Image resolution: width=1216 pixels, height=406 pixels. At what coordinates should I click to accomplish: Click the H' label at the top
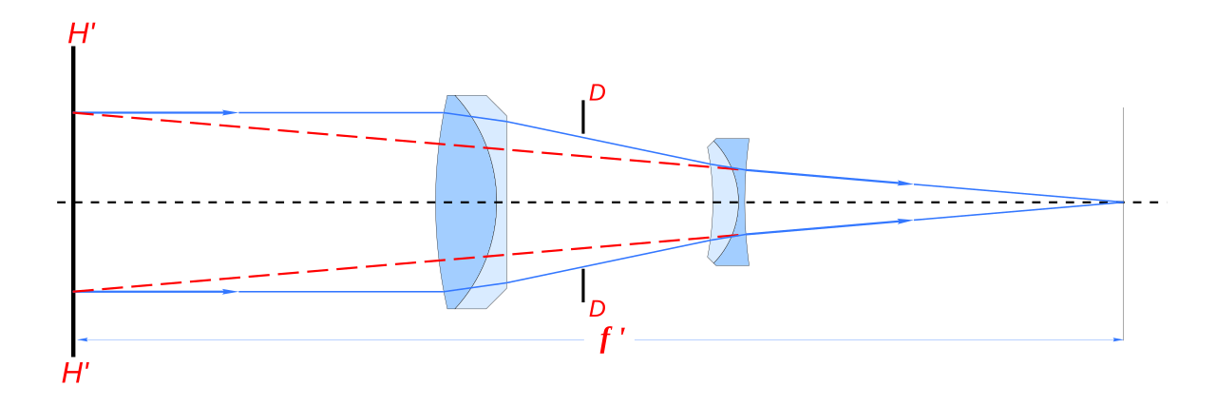click(82, 33)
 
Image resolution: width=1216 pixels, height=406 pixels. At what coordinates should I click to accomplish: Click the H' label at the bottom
click(76, 373)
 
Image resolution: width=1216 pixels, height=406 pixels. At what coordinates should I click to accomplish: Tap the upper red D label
click(598, 93)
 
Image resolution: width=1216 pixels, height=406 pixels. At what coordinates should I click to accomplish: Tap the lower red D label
click(598, 309)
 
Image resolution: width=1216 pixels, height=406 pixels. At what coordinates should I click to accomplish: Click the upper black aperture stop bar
click(583, 117)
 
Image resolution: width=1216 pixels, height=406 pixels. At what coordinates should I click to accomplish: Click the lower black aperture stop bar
click(583, 285)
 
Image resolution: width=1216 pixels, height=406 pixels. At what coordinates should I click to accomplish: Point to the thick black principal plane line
click(73, 201)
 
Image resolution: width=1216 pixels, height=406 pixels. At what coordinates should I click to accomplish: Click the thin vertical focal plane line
click(1123, 224)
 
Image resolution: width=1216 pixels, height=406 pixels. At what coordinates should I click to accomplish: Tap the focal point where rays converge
click(1123, 203)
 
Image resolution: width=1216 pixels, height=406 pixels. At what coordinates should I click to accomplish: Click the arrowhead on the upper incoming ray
click(231, 112)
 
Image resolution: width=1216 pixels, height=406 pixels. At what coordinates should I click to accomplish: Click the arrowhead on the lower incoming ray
click(231, 292)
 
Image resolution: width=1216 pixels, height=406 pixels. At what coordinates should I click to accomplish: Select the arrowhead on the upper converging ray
click(905, 184)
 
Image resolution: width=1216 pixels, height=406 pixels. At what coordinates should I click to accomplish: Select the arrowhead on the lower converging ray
click(905, 221)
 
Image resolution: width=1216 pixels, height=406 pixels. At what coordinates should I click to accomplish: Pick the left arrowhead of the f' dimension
click(82, 339)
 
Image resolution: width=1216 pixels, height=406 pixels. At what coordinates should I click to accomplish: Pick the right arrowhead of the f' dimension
click(1118, 339)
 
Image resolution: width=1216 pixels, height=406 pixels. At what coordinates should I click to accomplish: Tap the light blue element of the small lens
click(722, 203)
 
